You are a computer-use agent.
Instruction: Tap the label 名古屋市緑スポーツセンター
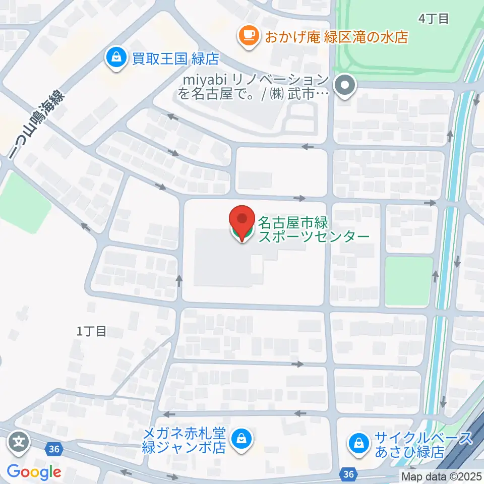point(314,229)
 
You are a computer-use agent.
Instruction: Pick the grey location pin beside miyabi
point(346,85)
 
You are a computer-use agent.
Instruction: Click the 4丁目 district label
point(434,19)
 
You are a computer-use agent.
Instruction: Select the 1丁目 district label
point(92,331)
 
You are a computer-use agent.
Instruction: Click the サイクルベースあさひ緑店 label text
point(423,444)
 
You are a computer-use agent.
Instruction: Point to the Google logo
point(34,472)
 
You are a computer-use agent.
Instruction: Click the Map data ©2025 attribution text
point(441,476)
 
